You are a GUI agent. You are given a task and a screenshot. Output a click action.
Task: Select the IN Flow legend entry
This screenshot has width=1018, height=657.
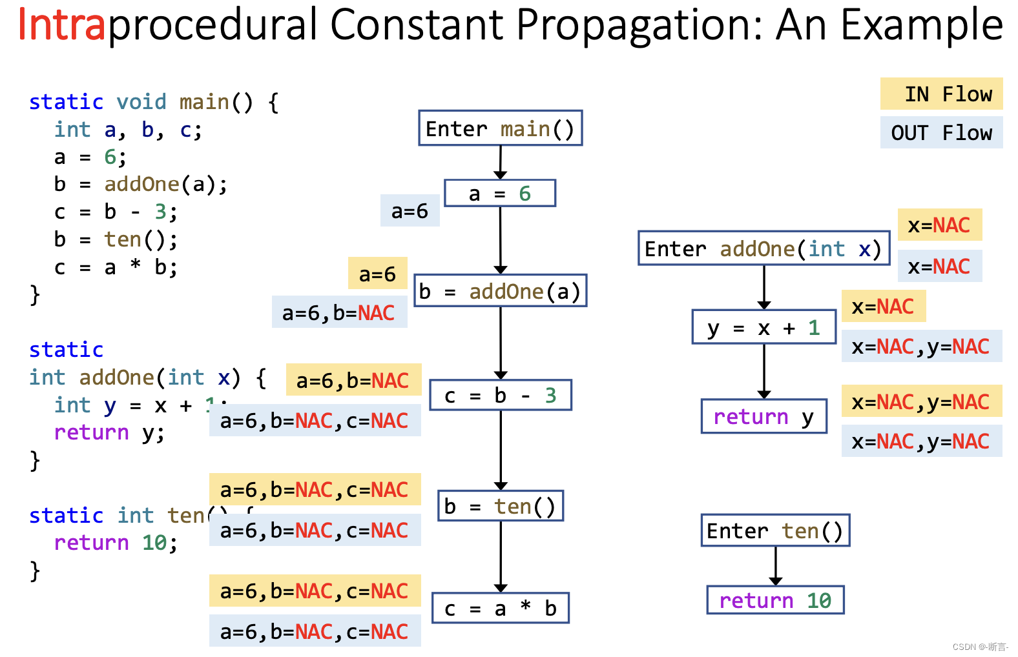[x=941, y=94]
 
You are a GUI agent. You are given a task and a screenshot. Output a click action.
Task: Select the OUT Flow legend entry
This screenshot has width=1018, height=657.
[x=941, y=133]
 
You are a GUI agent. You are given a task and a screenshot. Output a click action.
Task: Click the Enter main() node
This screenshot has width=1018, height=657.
[x=500, y=128]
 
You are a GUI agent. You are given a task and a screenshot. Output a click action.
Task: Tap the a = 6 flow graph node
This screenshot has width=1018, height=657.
[x=500, y=194]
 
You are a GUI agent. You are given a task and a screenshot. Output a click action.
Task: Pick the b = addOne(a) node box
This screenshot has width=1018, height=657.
[x=500, y=291]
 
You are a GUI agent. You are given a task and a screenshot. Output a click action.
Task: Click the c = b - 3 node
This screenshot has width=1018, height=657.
[x=500, y=395]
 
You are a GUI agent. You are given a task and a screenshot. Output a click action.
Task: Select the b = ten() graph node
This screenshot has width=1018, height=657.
[x=500, y=506]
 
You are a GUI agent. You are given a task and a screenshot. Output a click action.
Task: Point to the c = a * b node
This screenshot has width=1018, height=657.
[x=500, y=608]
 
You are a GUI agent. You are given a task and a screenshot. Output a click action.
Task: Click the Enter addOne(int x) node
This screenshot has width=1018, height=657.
[x=763, y=248]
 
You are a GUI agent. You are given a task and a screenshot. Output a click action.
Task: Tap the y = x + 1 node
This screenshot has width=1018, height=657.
[x=763, y=327]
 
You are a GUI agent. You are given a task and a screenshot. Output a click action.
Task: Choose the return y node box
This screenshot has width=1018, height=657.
[x=763, y=416]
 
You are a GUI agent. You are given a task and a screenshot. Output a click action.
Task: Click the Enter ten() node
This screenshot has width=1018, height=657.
[x=775, y=531]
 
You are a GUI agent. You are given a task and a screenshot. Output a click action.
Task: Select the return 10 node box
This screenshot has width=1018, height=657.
[x=775, y=600]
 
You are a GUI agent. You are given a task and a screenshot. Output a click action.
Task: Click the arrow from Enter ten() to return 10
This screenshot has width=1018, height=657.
[x=776, y=565]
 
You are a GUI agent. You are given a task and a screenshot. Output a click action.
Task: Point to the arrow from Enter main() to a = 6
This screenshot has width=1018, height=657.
[x=501, y=161]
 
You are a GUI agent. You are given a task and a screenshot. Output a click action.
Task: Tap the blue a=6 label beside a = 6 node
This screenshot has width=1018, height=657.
[x=410, y=210]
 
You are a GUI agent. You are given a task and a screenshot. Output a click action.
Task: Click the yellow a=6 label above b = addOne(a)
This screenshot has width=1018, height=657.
[x=377, y=274]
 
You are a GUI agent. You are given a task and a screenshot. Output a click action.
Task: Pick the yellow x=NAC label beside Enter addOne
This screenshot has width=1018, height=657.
[x=939, y=225]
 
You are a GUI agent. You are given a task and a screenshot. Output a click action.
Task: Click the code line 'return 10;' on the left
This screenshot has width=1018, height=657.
[x=115, y=543]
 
